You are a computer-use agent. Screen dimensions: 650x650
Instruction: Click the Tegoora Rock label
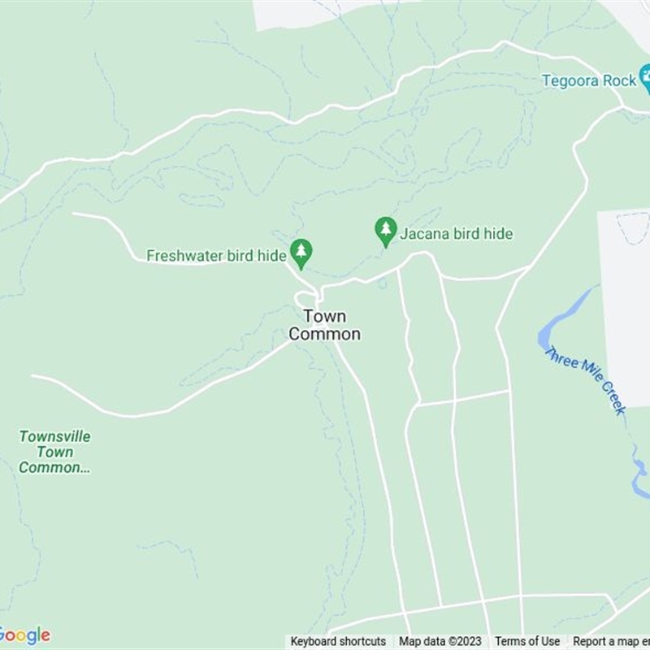pyautogui.click(x=589, y=80)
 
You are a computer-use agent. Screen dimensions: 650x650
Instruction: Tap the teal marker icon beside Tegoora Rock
pyautogui.click(x=646, y=80)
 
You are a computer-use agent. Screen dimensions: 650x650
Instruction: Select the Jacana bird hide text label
pyautogui.click(x=456, y=234)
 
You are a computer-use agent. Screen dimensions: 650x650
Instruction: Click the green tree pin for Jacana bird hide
pyautogui.click(x=386, y=231)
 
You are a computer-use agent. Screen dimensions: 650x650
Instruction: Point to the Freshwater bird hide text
pyautogui.click(x=216, y=256)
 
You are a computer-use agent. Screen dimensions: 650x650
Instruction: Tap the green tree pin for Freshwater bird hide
pyautogui.click(x=301, y=253)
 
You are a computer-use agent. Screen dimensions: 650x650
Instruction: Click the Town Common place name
pyautogui.click(x=325, y=325)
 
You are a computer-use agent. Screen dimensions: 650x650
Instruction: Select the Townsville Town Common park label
pyautogui.click(x=54, y=452)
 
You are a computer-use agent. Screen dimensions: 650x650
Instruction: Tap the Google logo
pyautogui.click(x=24, y=635)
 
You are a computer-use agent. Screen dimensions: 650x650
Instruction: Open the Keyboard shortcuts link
pyautogui.click(x=338, y=642)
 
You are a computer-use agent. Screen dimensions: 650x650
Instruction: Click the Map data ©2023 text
pyautogui.click(x=440, y=642)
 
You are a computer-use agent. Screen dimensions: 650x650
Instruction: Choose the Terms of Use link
pyautogui.click(x=527, y=642)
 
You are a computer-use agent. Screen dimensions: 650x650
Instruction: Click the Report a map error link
pyautogui.click(x=610, y=642)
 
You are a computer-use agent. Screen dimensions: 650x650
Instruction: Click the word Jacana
pyautogui.click(x=424, y=234)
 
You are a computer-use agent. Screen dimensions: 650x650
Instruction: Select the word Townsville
pyautogui.click(x=54, y=436)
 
